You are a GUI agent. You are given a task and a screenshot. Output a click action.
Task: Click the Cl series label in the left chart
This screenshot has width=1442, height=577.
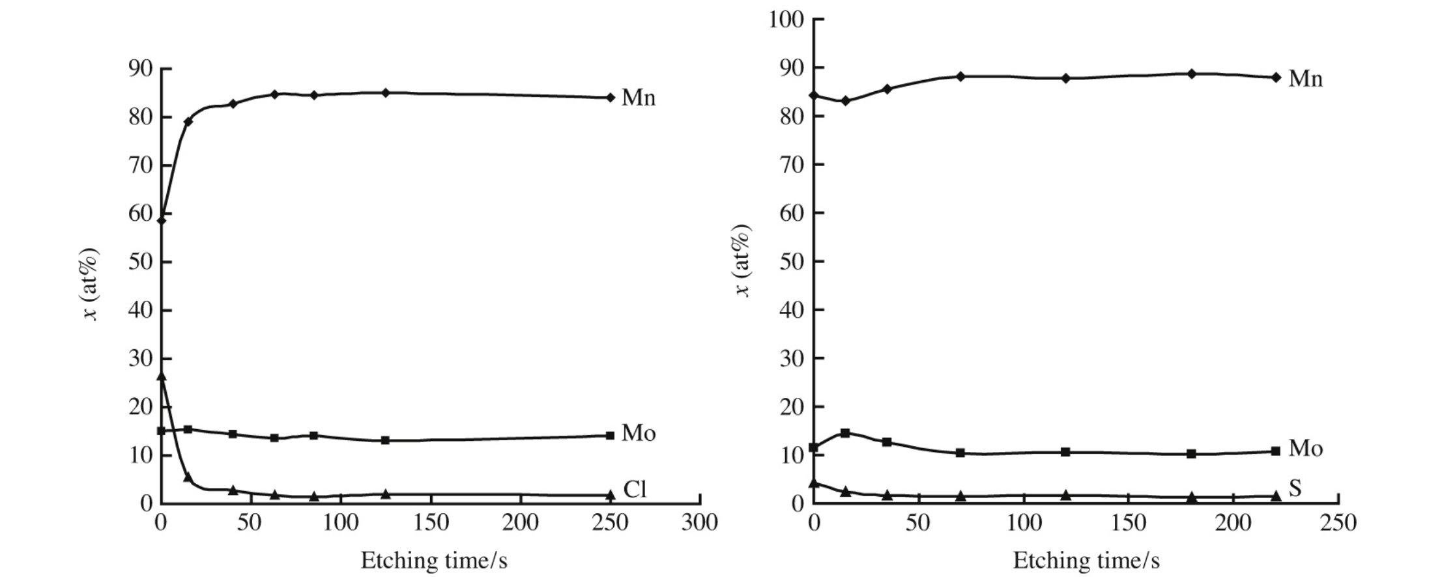(x=635, y=489)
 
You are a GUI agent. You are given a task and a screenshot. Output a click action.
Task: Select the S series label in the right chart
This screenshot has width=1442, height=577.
(x=1295, y=488)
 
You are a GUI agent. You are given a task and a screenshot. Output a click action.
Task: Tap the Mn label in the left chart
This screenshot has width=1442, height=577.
(x=639, y=98)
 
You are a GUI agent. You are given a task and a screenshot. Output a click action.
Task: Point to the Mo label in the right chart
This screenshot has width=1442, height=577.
(x=1306, y=448)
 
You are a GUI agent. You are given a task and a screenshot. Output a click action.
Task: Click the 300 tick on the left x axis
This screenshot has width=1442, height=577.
(x=699, y=522)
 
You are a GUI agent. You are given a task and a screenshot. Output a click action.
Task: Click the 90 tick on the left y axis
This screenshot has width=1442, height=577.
(x=140, y=68)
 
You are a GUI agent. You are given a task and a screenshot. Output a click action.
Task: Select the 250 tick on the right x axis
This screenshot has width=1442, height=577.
(x=1338, y=522)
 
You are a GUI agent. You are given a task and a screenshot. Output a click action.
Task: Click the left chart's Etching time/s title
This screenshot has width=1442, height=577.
(x=434, y=560)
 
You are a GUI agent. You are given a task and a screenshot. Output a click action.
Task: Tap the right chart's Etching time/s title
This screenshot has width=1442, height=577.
(x=1086, y=560)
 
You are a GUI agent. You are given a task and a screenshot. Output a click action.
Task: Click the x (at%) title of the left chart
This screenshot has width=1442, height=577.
(x=90, y=284)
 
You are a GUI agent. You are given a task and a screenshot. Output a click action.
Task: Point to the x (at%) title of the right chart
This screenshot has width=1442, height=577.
(x=742, y=260)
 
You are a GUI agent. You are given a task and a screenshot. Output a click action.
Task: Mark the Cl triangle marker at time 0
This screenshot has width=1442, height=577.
(x=162, y=376)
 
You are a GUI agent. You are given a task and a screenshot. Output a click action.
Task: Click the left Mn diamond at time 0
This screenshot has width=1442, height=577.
(x=162, y=220)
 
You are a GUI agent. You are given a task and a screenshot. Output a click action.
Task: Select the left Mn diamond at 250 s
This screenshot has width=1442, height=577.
(x=611, y=98)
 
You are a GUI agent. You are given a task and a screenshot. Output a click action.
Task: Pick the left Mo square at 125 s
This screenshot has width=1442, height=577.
(x=385, y=440)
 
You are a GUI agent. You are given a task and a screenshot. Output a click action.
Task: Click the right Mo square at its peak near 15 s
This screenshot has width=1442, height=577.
(x=845, y=432)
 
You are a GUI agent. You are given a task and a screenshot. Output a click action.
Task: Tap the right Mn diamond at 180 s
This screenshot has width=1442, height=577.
(x=1192, y=74)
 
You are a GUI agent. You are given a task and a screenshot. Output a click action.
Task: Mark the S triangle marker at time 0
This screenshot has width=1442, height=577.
(x=813, y=483)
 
